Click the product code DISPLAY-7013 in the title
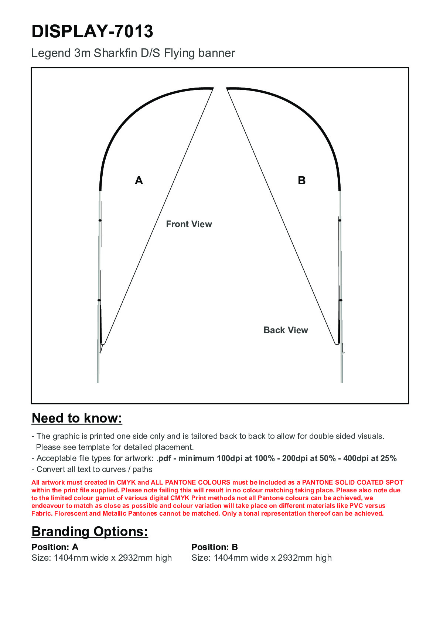(x=92, y=31)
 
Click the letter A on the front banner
(x=139, y=181)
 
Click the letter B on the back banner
(x=301, y=181)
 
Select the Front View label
(x=189, y=224)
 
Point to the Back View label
(x=286, y=330)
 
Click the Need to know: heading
(x=77, y=418)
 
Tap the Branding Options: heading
(x=90, y=532)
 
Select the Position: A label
(x=55, y=547)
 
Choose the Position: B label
(x=215, y=547)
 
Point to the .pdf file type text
(x=164, y=458)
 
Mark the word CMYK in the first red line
(x=126, y=482)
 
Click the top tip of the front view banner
(x=213, y=88)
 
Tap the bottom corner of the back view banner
(x=337, y=344)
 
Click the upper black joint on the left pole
(x=100, y=221)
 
